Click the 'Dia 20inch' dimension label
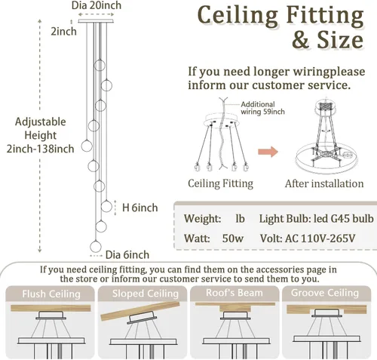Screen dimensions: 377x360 coord(97,5)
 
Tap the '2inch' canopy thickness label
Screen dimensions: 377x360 coord(63,32)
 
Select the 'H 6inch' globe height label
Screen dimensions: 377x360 coord(140,208)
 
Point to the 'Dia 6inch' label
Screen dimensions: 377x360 coord(127,255)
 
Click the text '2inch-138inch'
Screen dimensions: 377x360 coord(40,149)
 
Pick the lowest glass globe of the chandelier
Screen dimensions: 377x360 coord(96,246)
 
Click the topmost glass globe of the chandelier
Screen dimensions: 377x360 coord(100,65)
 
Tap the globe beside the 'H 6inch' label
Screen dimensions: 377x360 coord(106,207)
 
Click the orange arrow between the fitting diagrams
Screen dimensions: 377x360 coord(268,152)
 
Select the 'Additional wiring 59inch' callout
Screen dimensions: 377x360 coord(262,108)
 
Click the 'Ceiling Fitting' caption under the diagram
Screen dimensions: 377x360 coord(220,183)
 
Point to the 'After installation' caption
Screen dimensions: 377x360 coord(324,183)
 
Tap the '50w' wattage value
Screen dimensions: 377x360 coord(233,238)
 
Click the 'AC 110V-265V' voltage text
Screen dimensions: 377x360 coord(320,238)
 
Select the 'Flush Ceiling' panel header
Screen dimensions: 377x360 coord(51,294)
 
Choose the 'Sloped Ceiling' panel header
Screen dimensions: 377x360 coord(146,294)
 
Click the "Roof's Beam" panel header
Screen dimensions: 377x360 coord(234,293)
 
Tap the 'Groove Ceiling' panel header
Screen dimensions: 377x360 coord(325,293)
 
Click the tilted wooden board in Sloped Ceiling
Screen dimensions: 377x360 coord(140,311)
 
